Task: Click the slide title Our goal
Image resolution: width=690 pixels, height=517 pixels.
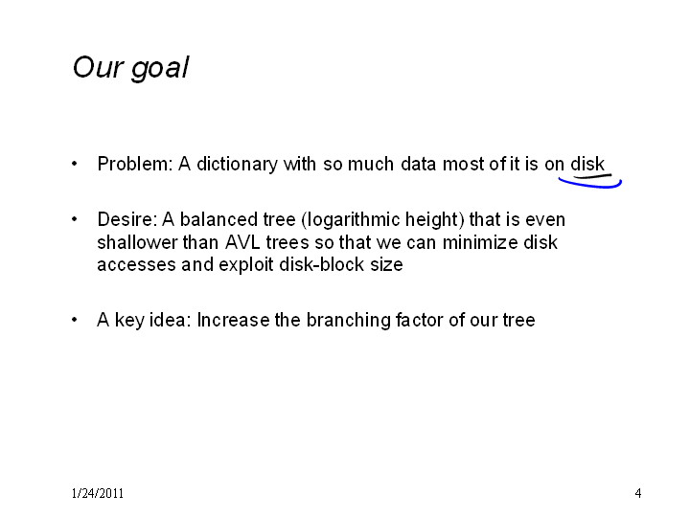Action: [130, 68]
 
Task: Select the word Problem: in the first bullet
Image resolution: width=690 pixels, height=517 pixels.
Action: [135, 164]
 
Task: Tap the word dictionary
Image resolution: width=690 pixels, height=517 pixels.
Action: [237, 164]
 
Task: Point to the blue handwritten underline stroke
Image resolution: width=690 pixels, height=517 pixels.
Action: [590, 184]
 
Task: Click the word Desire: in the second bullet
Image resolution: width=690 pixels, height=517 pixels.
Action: [127, 219]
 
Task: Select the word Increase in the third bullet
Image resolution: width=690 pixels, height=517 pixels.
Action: [233, 320]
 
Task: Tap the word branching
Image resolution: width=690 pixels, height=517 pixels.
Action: [349, 321]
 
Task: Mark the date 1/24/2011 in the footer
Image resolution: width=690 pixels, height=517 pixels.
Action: [97, 493]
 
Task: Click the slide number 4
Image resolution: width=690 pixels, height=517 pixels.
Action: [638, 493]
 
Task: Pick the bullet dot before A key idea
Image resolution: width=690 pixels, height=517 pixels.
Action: [75, 320]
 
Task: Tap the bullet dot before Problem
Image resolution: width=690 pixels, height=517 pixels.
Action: [75, 164]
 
